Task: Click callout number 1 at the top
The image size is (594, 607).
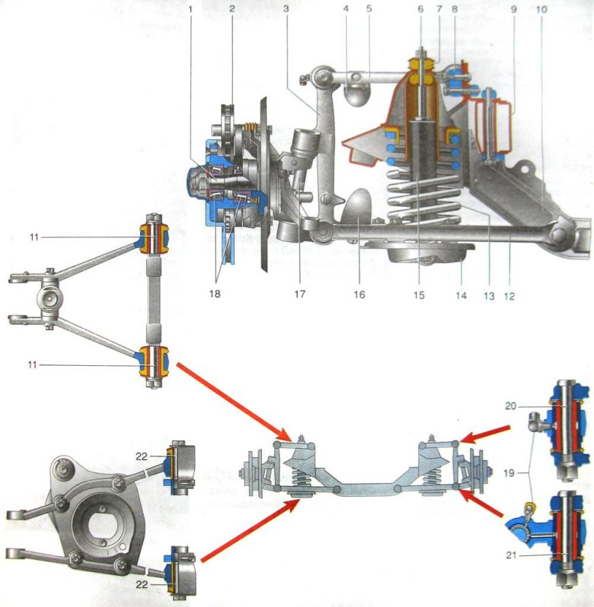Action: pyautogui.click(x=191, y=8)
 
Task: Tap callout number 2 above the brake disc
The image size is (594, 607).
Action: pyautogui.click(x=231, y=8)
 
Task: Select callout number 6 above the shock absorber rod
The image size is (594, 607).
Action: pyautogui.click(x=420, y=8)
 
